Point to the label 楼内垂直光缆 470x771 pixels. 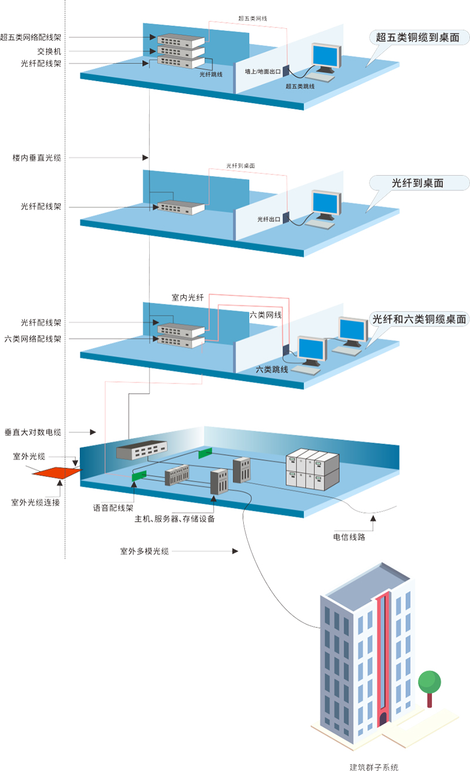[x=37, y=157]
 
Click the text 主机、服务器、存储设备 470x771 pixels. [x=174, y=519]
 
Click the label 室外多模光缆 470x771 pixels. [x=145, y=551]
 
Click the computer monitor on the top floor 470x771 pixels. [x=327, y=57]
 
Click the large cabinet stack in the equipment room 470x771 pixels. [x=313, y=468]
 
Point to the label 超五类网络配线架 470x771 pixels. [x=39, y=37]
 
